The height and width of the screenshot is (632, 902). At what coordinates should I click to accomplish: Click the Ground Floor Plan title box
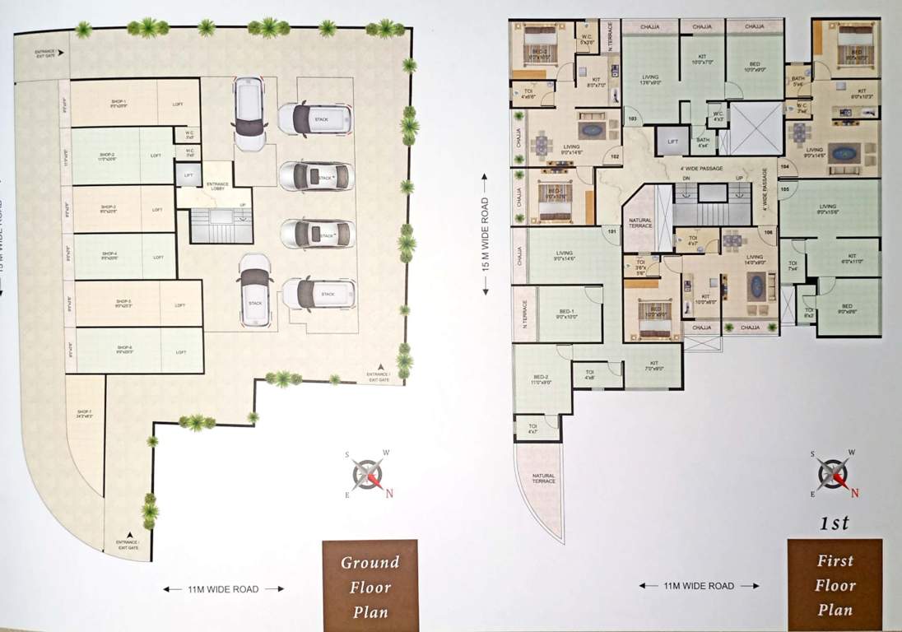tap(370, 586)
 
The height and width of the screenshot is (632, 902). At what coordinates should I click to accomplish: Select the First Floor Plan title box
tap(835, 585)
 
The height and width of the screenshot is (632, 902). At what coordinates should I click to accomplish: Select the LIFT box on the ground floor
tap(188, 174)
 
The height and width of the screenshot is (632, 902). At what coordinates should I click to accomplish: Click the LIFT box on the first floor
tap(672, 142)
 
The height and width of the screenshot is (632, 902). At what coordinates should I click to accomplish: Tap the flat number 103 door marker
tap(632, 118)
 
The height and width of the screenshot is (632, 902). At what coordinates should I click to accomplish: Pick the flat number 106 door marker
tap(768, 232)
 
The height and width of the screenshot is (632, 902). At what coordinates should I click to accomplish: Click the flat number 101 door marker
tap(611, 230)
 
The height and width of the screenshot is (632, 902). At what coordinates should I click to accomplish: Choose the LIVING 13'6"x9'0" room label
tap(649, 80)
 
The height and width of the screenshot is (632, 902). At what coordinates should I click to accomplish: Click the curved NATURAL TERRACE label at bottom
tap(544, 478)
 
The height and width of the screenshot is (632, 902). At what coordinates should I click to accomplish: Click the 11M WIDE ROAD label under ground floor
tap(222, 589)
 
